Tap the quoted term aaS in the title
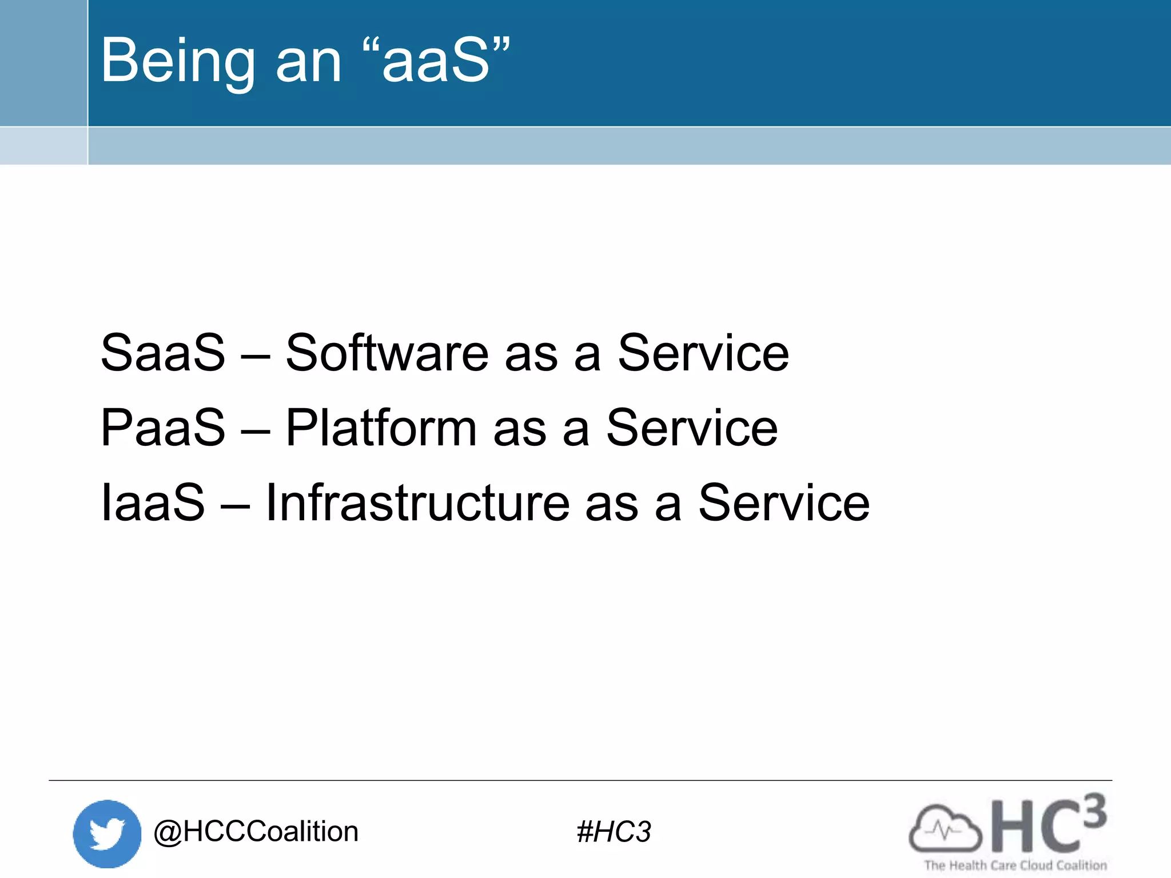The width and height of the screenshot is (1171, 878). coord(436,61)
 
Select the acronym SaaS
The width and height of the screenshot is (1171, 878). coord(163,353)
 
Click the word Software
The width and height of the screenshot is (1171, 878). coord(387,353)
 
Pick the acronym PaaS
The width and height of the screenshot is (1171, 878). coord(163,428)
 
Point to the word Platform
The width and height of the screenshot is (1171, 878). coord(381,428)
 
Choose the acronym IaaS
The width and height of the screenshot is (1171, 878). coord(153,503)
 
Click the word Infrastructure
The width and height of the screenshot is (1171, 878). coord(417,503)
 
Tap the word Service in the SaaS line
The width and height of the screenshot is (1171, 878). coord(703,353)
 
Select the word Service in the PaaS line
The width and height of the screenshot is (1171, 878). coord(691,428)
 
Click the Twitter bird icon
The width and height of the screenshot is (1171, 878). coord(107,833)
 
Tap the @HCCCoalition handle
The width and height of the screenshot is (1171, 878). coord(256,832)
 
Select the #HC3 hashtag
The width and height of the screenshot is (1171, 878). coord(614,832)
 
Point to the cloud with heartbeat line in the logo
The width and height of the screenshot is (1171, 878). coord(945,829)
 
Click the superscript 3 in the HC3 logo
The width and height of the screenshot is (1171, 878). coord(1094,811)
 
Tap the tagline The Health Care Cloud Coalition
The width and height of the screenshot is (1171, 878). coord(1015,865)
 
